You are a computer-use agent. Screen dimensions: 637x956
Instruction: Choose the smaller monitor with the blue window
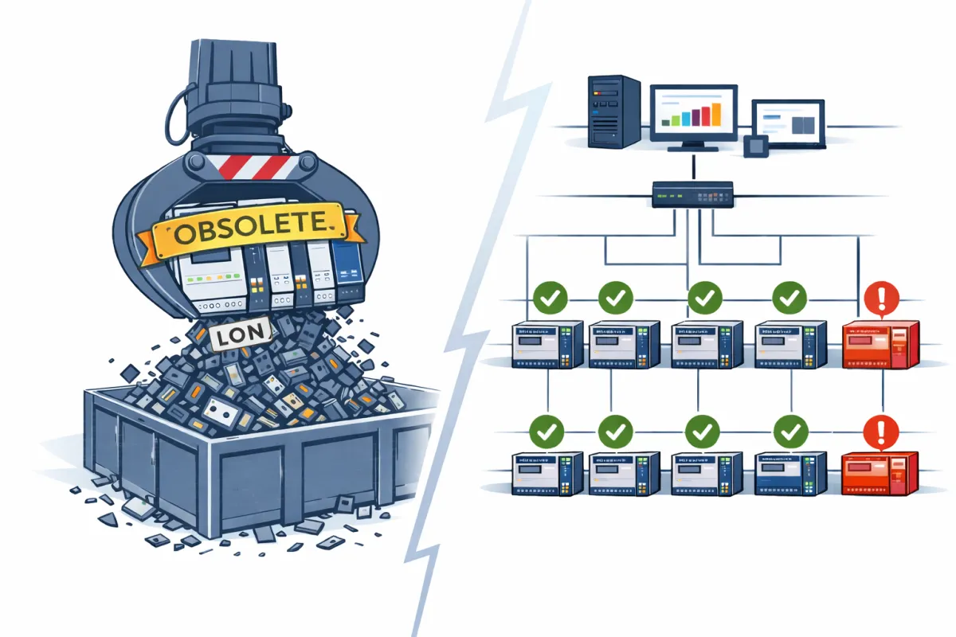(788, 124)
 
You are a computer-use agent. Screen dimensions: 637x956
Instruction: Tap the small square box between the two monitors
(754, 146)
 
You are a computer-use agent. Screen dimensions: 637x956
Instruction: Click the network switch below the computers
(692, 194)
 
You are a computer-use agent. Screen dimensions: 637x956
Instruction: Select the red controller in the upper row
(880, 345)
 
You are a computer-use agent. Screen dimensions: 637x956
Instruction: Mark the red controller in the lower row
(880, 473)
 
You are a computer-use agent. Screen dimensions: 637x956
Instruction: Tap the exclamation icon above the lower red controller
(880, 432)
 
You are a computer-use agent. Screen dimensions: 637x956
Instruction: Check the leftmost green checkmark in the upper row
(548, 299)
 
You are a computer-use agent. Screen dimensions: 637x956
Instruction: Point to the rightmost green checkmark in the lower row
(789, 432)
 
